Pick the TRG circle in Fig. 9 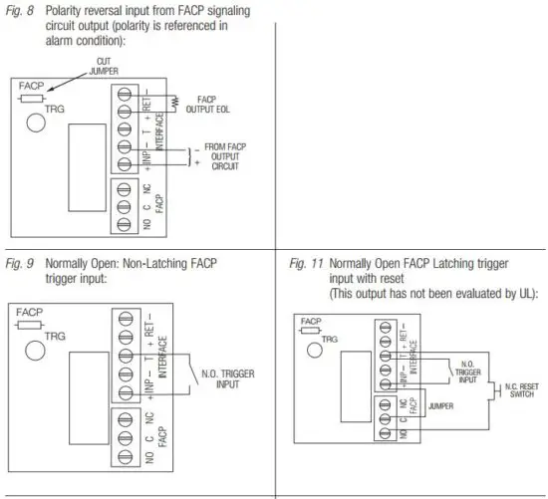coord(36,350)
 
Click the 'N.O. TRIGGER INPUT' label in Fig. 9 coord(225,377)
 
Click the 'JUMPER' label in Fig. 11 coord(441,406)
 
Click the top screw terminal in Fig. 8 coord(125,92)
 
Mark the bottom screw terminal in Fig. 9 coord(125,458)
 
